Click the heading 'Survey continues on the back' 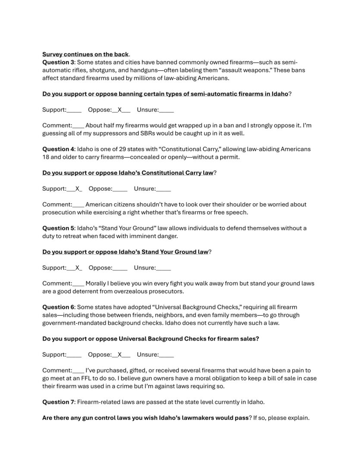[85, 54]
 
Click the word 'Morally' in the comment [97, 283]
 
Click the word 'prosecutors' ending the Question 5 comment [168, 291]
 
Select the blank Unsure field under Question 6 [166, 355]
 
